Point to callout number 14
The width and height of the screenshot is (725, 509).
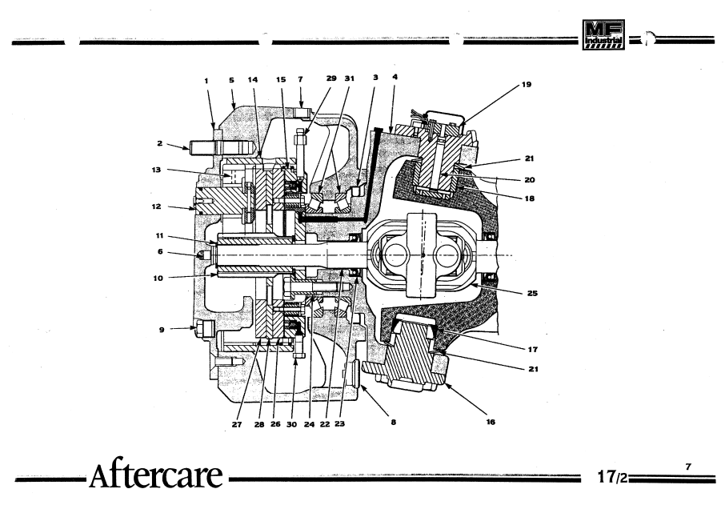pyautogui.click(x=252, y=79)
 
